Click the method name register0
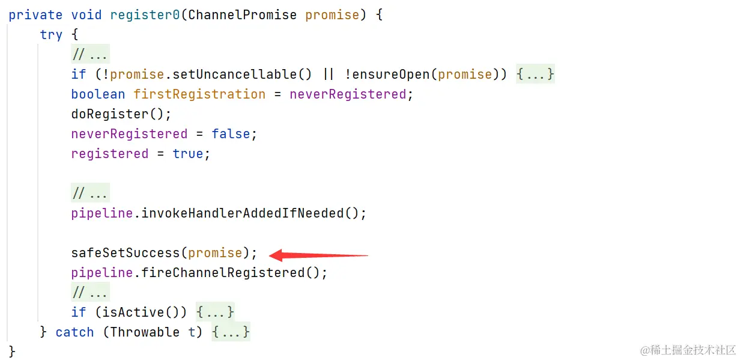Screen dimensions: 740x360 coord(145,15)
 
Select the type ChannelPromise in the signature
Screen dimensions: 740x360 coord(243,15)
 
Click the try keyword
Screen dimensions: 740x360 coord(51,35)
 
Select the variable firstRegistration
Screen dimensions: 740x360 coord(199,94)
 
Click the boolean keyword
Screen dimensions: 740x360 coord(98,94)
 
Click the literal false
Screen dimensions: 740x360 coord(231,134)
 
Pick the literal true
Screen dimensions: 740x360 coord(188,154)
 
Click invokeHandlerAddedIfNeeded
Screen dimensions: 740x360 coord(243,213)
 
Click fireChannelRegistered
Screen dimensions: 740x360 coord(223,273)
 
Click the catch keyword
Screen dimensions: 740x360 coord(74,332)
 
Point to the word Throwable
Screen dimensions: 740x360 coord(145,332)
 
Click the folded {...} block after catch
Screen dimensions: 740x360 coord(231,332)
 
